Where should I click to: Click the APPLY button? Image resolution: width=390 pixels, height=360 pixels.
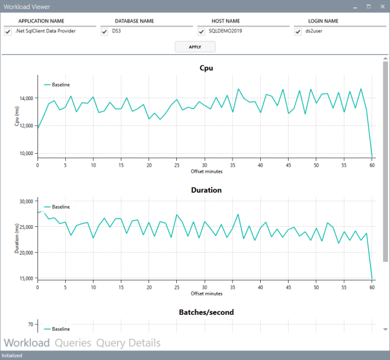(x=195, y=47)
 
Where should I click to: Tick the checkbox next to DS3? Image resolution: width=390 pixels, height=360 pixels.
(x=105, y=31)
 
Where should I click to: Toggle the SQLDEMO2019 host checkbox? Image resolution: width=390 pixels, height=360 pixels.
(x=201, y=31)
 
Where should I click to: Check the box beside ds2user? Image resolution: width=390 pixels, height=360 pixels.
(x=298, y=31)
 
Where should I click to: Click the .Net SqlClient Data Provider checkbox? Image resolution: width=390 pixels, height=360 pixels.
(x=8, y=31)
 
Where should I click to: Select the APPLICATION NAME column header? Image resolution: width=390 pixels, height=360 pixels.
(x=41, y=21)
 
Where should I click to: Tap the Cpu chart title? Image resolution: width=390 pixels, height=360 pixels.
(x=206, y=68)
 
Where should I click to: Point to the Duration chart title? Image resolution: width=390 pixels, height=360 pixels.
(x=206, y=191)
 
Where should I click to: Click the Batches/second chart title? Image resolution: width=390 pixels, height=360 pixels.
(x=206, y=312)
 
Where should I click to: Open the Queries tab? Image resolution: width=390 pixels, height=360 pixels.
(x=73, y=343)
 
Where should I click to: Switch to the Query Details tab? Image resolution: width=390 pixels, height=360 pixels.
(x=128, y=343)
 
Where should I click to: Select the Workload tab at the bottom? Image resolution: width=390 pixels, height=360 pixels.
(x=26, y=343)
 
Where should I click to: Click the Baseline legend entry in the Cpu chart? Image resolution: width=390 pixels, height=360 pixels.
(x=60, y=85)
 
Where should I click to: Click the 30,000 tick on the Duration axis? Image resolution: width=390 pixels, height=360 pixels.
(x=26, y=202)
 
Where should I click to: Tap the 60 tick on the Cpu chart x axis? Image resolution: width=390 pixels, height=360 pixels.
(x=372, y=165)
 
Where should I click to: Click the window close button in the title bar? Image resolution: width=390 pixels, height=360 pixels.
(x=382, y=6)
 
